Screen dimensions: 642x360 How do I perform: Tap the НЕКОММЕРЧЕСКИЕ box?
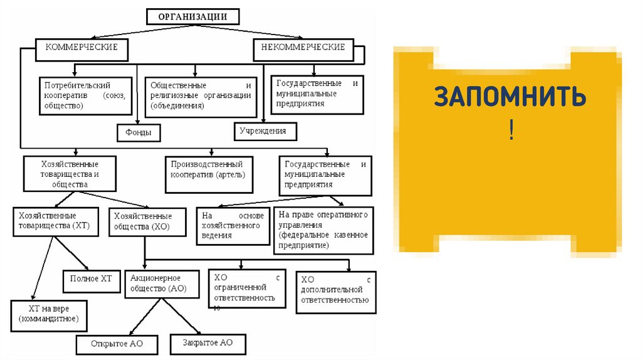point(303,47)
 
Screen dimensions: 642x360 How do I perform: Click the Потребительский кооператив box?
point(87,95)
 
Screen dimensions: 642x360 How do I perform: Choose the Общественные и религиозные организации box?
point(201,96)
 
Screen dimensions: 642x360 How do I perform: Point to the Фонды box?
point(137,132)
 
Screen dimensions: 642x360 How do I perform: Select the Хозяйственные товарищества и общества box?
point(70,174)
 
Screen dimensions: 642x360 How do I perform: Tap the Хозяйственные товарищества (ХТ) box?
point(55,220)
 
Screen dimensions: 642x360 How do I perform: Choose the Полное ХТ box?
point(91,280)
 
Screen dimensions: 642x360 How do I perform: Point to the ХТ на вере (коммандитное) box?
point(49,315)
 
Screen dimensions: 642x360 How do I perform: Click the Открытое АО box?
point(117,344)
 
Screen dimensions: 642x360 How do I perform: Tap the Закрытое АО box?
point(208,343)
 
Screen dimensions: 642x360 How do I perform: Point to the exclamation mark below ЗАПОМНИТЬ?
point(512,132)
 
